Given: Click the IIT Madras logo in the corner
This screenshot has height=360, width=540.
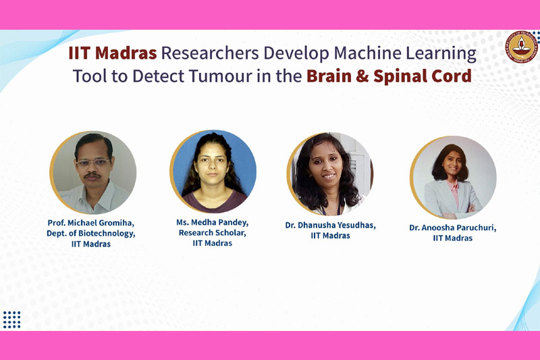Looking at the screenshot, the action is coord(521,47).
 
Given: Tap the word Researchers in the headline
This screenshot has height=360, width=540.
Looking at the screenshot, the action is coord(210,53).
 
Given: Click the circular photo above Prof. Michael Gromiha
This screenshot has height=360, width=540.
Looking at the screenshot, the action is coord(93,172).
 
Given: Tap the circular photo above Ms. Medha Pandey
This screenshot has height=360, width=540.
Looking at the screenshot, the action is coord(213,171).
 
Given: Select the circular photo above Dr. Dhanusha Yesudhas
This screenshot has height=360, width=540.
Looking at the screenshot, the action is coord(330,174).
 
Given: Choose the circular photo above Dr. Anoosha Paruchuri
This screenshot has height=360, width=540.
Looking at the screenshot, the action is coord(453,178).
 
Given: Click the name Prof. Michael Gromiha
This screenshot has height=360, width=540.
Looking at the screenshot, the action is coord(91,223).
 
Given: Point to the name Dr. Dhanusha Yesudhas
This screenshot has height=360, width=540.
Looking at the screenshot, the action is coord(330,226).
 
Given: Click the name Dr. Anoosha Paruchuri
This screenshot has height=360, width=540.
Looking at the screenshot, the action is coord(453,228).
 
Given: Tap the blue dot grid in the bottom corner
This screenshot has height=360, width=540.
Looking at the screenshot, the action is coord(11,319).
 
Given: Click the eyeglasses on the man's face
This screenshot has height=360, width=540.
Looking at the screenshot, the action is coord(92,162).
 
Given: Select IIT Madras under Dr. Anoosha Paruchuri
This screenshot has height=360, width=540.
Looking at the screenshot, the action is coord(453,238).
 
